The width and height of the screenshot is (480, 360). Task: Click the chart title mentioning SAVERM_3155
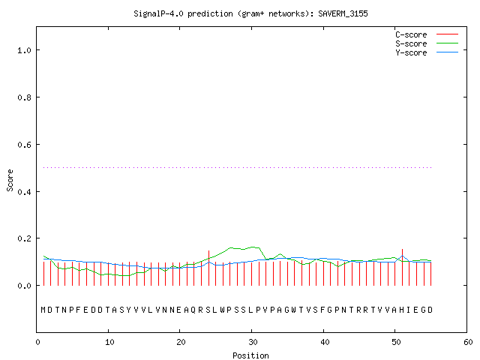(x=250, y=13)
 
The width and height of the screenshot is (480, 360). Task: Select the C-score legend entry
(x=427, y=34)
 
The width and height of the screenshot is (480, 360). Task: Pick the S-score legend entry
(x=427, y=43)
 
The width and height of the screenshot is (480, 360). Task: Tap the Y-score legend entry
(x=427, y=52)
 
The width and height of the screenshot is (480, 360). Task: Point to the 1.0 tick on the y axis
(x=24, y=50)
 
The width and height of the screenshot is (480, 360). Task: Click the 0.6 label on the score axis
(x=24, y=145)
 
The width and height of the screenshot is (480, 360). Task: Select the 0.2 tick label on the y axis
(x=24, y=238)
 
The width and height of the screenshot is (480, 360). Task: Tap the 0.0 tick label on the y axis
(x=24, y=286)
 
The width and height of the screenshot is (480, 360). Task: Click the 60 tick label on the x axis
(x=468, y=342)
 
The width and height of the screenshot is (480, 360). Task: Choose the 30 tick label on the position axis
(x=253, y=342)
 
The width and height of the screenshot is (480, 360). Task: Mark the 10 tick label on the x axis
(x=109, y=342)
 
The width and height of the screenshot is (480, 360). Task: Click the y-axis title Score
(x=10, y=181)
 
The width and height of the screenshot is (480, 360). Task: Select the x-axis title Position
(x=250, y=355)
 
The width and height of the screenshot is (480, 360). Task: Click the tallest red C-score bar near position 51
(x=402, y=267)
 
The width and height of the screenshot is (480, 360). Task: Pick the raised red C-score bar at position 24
(x=208, y=268)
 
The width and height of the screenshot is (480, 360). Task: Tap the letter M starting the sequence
(x=43, y=310)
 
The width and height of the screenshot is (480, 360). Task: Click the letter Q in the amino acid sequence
(x=193, y=310)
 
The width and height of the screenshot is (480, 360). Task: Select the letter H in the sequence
(x=401, y=310)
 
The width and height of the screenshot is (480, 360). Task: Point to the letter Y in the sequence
(x=128, y=310)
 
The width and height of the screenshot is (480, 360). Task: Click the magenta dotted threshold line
(x=238, y=167)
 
